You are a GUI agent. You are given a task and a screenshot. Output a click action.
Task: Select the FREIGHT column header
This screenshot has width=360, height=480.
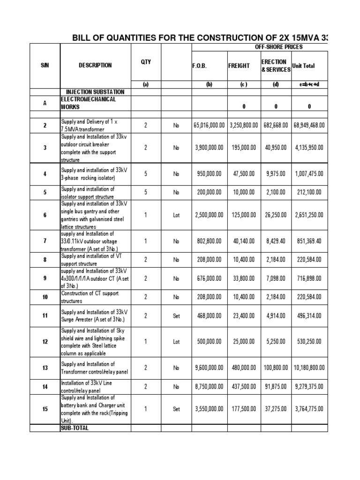(x=239, y=66)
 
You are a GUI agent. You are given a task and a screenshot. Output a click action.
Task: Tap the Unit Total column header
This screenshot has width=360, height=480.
(x=303, y=66)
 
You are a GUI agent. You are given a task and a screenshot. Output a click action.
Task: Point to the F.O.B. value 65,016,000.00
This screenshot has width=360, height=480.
(x=209, y=126)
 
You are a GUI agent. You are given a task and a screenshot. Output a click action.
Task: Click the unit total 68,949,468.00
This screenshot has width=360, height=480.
(x=309, y=126)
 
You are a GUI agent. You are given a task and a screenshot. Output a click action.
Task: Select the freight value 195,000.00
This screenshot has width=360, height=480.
(x=244, y=148)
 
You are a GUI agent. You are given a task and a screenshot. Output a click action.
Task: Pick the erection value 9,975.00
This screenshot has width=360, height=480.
(x=276, y=173)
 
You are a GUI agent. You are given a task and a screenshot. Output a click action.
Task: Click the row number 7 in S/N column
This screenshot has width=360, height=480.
(x=45, y=241)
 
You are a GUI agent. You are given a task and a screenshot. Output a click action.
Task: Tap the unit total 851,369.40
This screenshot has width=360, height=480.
(x=309, y=241)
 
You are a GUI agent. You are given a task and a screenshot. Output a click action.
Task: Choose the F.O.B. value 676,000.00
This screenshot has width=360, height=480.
(x=209, y=278)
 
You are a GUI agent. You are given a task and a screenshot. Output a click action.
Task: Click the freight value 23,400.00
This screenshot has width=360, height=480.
(x=244, y=316)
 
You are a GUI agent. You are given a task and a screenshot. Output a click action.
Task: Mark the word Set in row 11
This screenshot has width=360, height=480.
(x=176, y=316)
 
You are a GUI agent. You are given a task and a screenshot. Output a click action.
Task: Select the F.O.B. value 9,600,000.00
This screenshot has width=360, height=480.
(x=209, y=368)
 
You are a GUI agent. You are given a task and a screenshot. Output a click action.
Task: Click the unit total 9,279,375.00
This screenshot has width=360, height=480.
(x=309, y=387)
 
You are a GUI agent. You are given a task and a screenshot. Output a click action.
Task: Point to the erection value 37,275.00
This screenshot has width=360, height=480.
(x=276, y=409)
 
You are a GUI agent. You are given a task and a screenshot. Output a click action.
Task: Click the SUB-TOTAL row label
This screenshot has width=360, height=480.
(x=74, y=428)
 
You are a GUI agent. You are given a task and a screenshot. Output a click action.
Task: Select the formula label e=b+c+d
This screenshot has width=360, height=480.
(x=309, y=85)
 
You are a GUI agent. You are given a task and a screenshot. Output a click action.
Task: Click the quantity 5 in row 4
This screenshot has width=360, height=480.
(x=145, y=173)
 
